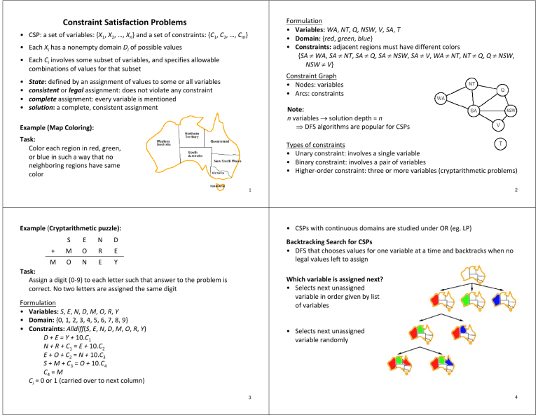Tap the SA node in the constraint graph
(x=474, y=111)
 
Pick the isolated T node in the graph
(x=497, y=144)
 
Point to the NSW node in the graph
(x=511, y=111)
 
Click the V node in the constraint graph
(x=497, y=125)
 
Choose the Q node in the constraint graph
(x=502, y=90)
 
